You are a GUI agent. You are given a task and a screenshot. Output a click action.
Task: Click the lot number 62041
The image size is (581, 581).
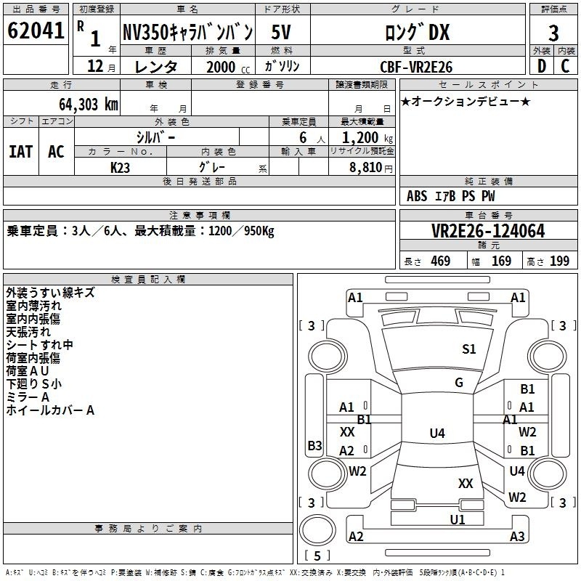tap(36, 30)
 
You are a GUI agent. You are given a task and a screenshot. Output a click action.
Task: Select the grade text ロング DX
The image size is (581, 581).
tap(417, 32)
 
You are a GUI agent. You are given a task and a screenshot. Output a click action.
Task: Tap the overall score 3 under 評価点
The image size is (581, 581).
tap(553, 33)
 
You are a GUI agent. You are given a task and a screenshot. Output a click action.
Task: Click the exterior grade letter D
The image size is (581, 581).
tap(542, 66)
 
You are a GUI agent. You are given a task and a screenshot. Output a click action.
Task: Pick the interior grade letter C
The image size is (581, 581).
tap(565, 66)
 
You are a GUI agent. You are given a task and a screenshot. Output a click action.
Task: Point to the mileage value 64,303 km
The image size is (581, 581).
tap(88, 105)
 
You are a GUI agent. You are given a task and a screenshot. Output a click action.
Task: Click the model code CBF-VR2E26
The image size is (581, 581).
tap(416, 67)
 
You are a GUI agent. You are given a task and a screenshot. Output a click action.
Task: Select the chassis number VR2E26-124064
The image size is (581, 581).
tap(488, 231)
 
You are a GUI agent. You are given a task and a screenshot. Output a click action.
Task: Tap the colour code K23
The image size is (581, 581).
tap(120, 168)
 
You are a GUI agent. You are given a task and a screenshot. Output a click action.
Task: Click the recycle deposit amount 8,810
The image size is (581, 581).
tap(365, 168)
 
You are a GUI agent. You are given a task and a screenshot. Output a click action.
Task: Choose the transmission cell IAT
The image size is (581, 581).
tap(20, 152)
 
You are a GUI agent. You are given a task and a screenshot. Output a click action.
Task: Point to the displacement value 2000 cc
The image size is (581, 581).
tap(228, 67)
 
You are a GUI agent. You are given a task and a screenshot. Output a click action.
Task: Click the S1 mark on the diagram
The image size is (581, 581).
tap(468, 349)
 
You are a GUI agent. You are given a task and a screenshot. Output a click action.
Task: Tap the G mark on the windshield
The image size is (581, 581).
tap(459, 383)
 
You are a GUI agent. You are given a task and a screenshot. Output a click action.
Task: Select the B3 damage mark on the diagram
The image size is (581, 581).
tap(314, 445)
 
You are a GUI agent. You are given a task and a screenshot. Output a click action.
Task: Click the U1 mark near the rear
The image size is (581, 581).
tap(458, 519)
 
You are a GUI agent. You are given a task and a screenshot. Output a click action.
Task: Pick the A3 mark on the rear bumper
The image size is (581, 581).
tap(517, 536)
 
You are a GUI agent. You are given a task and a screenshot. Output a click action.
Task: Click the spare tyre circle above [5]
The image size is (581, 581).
tap(317, 530)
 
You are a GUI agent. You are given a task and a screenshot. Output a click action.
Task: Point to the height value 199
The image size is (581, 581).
tap(559, 261)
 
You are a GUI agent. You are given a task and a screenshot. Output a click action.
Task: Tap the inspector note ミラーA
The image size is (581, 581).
tap(28, 397)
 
